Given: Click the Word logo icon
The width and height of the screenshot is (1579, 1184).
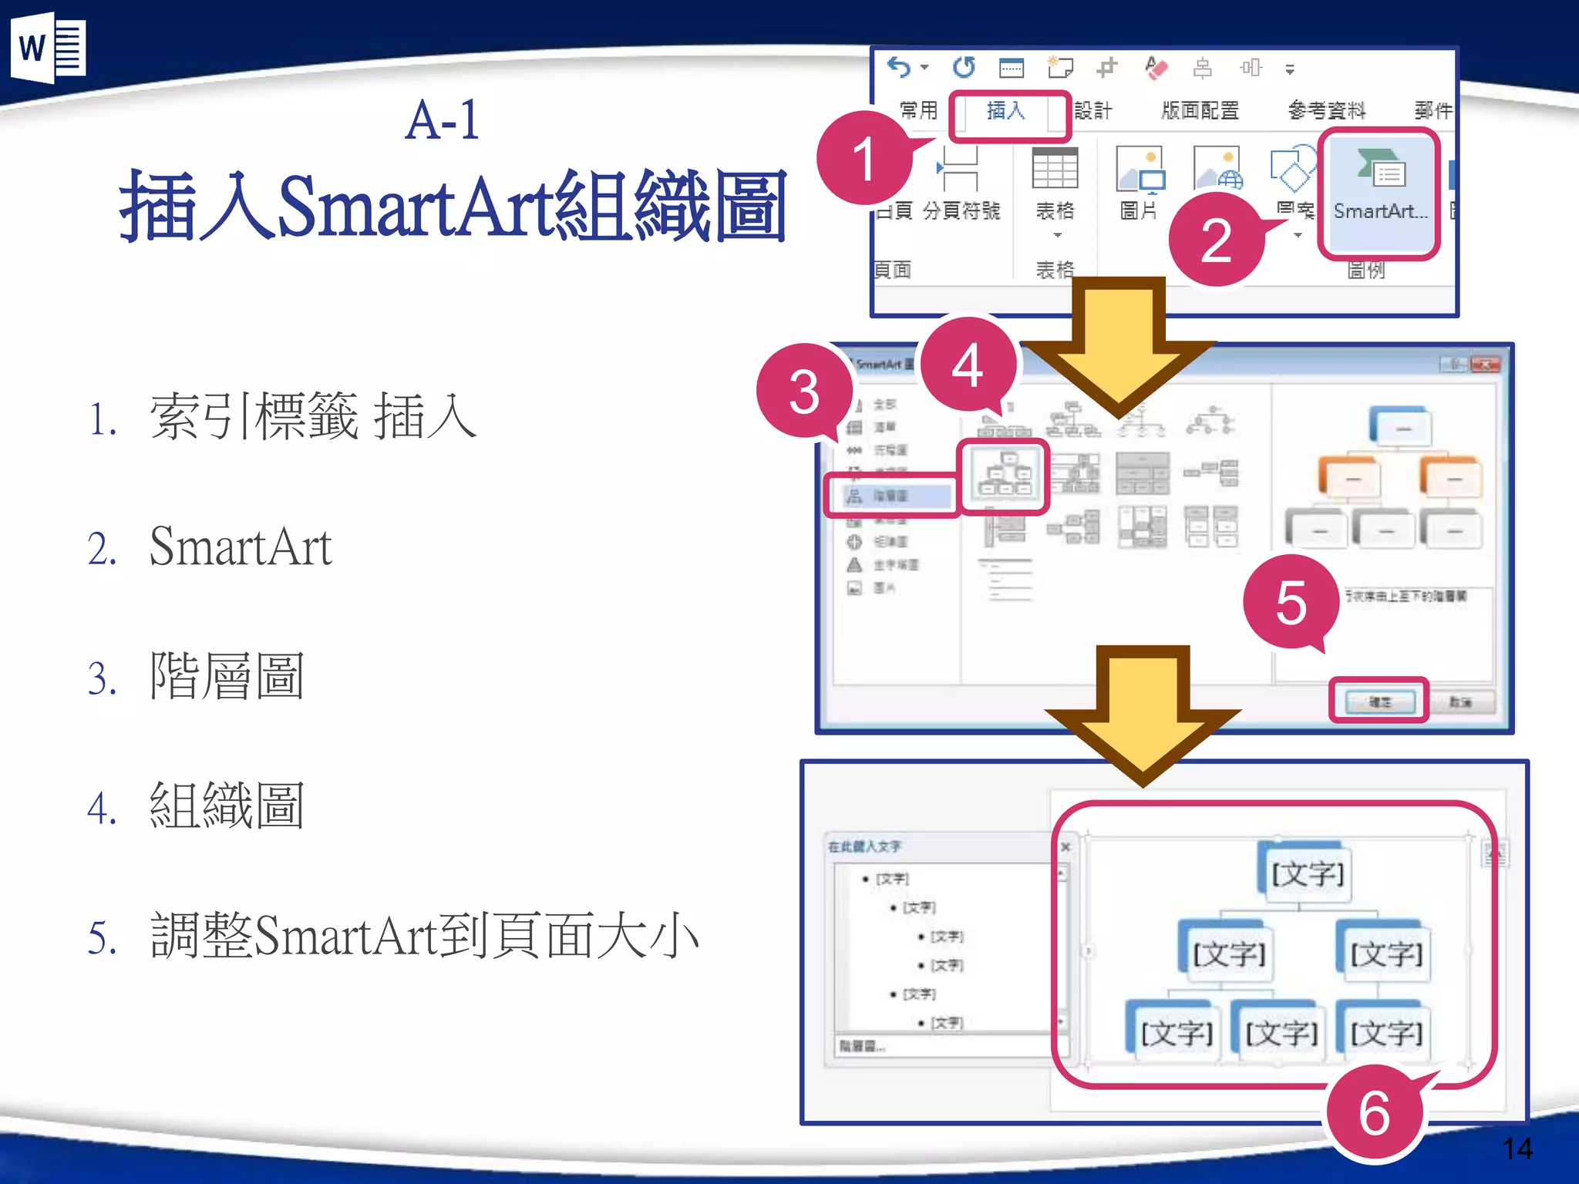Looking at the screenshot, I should (48, 48).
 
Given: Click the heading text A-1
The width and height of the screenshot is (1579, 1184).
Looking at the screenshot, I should (443, 121).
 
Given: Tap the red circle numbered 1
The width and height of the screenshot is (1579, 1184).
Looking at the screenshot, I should (864, 158).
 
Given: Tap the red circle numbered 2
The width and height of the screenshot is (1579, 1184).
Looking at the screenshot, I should (1216, 240).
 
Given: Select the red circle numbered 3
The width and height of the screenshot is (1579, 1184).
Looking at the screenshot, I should (804, 392).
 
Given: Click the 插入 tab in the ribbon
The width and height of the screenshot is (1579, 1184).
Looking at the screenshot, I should (1007, 112).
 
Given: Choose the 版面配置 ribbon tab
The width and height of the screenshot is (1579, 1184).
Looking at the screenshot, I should (1200, 112).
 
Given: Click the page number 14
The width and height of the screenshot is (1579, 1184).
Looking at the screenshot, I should (1517, 1149).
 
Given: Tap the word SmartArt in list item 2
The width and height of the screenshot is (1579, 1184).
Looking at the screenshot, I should (241, 547).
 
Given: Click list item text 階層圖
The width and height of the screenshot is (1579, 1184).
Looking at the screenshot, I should (227, 676).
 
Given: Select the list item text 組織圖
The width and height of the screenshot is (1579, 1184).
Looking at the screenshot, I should (227, 806).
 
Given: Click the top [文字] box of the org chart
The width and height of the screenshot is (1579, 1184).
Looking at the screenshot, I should (1308, 873).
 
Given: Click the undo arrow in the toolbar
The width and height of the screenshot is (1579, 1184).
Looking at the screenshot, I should (899, 68).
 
